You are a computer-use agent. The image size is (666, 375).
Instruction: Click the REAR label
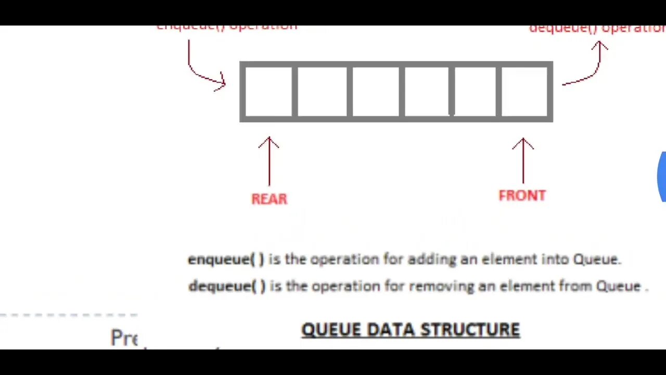coord(269,199)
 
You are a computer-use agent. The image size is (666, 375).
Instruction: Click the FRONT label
coord(522,195)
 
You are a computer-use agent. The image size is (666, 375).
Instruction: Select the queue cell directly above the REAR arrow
coord(268,92)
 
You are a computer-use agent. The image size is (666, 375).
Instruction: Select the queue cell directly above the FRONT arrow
coord(524,92)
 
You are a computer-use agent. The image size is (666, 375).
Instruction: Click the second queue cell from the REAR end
coord(322,92)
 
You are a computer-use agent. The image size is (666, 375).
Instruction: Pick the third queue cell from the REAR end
coord(376,92)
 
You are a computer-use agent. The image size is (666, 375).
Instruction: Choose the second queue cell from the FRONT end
coord(475,92)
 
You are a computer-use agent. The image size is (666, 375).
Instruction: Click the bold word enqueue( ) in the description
coord(226,259)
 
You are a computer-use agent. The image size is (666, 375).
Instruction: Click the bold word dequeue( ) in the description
coord(227,286)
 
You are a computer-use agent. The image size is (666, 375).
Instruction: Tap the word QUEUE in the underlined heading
coord(331,330)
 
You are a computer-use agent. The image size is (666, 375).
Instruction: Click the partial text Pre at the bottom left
coord(124,338)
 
